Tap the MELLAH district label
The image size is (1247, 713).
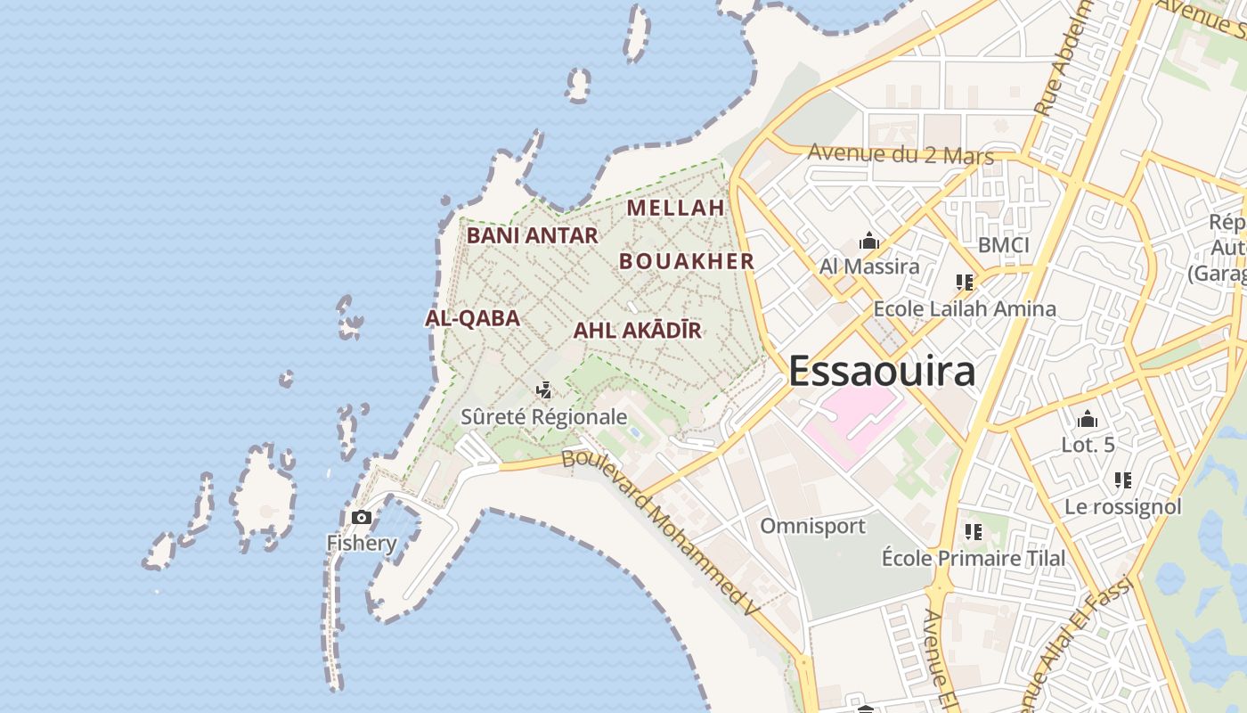point(676,208)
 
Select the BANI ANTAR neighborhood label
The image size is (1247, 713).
point(532,235)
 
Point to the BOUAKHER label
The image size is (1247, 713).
point(687,261)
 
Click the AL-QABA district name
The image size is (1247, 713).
point(472,318)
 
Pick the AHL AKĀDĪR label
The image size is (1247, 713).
point(637,331)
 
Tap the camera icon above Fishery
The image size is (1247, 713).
point(362,517)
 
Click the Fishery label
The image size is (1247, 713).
point(362,543)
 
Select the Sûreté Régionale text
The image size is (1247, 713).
point(543,416)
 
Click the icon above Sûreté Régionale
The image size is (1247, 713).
point(543,390)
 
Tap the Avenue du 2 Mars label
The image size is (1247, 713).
point(900,154)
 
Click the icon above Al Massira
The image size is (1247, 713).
point(868,241)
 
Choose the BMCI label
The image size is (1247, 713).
point(1003,245)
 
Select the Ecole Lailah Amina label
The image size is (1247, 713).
point(965,308)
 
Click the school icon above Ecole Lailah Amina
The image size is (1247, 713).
point(964,283)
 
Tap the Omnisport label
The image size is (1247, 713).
point(812,526)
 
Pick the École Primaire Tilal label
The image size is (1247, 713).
point(973,558)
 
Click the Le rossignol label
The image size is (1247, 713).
point(1122,506)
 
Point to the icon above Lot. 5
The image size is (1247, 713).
point(1087,419)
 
